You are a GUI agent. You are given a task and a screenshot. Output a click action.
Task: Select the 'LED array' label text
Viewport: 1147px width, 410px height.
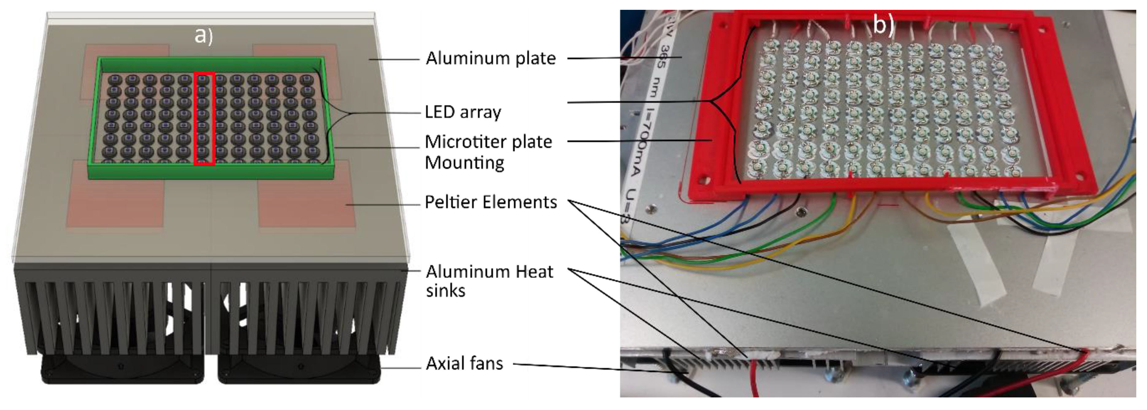coord(463,112)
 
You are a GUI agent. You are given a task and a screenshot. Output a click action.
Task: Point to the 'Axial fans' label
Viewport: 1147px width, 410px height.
coord(465,363)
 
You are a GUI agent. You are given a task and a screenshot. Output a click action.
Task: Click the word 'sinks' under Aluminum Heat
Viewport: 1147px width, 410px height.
coord(445,291)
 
